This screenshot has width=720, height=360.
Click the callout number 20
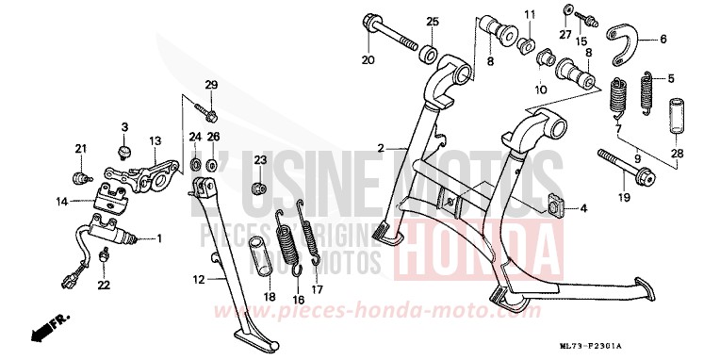pos(368,61)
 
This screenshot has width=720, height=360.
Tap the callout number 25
pos(433,22)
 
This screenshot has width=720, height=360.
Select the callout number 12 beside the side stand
pos(198,279)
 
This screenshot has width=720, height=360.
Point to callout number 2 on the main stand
pos(380,149)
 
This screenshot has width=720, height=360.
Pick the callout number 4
pos(582,207)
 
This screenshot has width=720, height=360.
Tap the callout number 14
pos(61,201)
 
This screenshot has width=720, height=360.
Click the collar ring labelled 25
pos(429,50)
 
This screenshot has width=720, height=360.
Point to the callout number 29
pos(211,86)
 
